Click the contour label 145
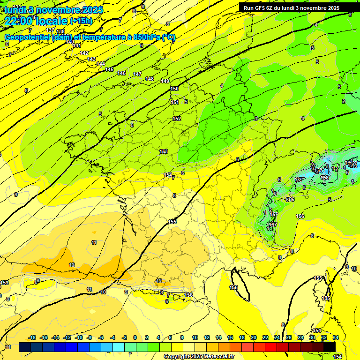tap(109, 69)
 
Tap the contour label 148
tap(150, 79)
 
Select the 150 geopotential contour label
tap(174, 89)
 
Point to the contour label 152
tap(177, 119)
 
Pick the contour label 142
tap(84, 53)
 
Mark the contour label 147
tap(137, 74)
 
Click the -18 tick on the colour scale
tap(32, 337)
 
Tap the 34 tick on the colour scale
tap(336, 337)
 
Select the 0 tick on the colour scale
tap(135, 337)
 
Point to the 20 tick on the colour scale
tap(254, 337)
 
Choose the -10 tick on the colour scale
tap(79, 337)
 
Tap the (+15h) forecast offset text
tap(81, 21)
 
